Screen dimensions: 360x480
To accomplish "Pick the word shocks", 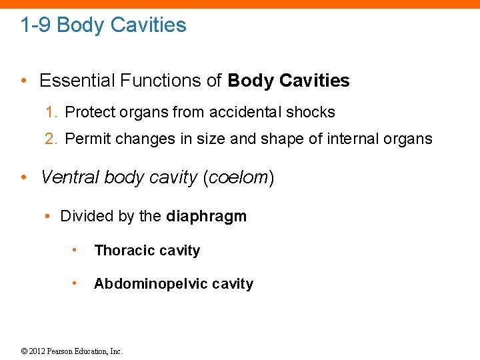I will click(x=313, y=112).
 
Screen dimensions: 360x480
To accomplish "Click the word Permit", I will click(x=87, y=139).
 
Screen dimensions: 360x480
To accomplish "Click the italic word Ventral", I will click(x=65, y=177).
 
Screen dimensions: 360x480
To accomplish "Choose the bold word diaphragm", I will click(x=206, y=217).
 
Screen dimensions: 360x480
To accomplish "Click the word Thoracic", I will click(x=123, y=251).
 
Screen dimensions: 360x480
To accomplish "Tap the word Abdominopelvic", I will click(x=141, y=284).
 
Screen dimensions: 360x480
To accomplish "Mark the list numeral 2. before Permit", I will click(x=51, y=139).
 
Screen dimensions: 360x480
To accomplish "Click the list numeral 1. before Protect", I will click(x=51, y=112).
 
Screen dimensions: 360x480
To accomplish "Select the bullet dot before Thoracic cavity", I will click(x=75, y=251).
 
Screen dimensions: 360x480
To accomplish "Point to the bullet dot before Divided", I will click(x=49, y=217).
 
